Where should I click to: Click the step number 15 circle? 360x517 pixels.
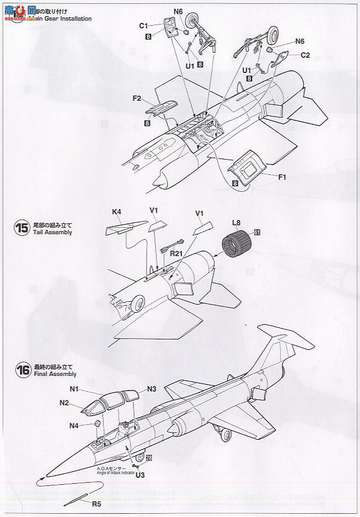click(x=22, y=228)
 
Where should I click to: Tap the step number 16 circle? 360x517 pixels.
click(x=22, y=370)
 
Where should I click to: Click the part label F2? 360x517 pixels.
click(x=137, y=99)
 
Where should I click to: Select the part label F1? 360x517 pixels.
click(x=267, y=177)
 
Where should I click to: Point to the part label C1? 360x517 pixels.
click(x=144, y=26)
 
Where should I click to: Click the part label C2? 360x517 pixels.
click(x=305, y=55)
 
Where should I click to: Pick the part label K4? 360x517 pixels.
click(x=117, y=211)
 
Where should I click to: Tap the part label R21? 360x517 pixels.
click(x=175, y=253)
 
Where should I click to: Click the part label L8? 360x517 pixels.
click(x=236, y=222)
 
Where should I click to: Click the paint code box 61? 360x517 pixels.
click(x=257, y=233)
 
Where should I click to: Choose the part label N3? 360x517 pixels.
click(x=151, y=389)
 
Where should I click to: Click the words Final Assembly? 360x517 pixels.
click(x=55, y=374)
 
